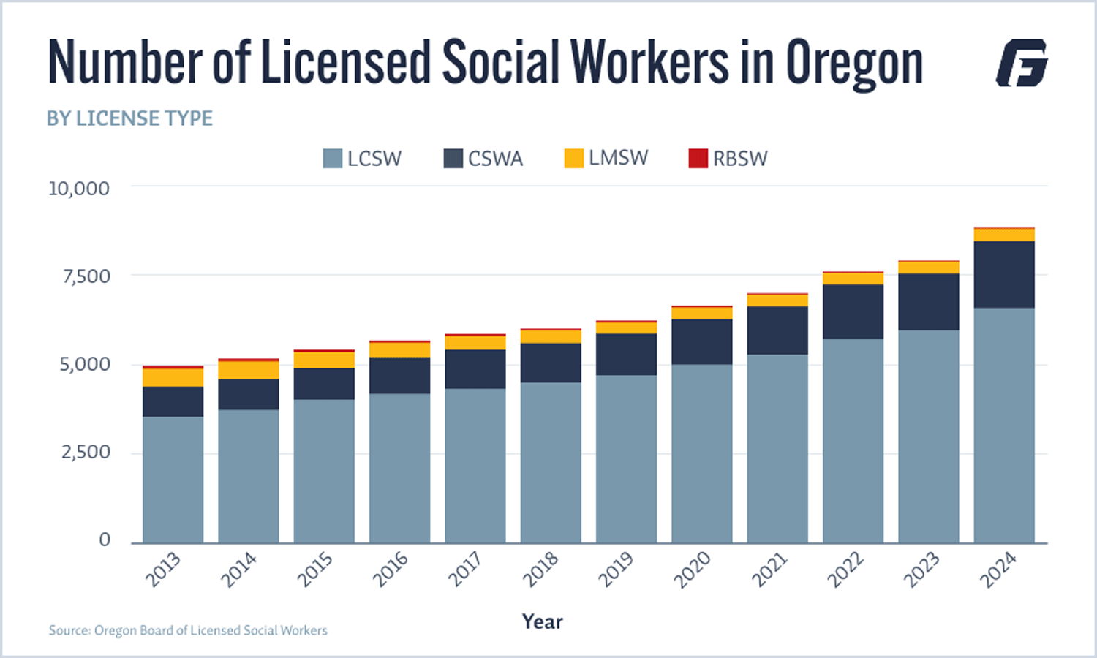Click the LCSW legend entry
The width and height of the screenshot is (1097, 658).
363,159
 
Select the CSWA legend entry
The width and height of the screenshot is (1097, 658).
483,159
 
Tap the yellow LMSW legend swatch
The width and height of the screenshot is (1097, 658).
573,159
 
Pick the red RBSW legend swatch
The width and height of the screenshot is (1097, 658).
698,159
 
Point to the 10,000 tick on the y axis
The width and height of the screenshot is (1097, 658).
79,189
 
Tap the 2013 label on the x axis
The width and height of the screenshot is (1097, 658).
163,570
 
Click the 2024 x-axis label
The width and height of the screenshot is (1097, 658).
998,570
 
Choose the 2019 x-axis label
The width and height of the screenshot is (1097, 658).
616,570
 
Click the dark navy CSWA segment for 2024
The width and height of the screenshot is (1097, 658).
1003,274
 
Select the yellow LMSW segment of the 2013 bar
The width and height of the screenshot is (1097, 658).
173,377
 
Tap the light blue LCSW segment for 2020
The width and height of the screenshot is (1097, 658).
701,453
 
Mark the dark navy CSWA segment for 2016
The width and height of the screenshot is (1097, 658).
399,375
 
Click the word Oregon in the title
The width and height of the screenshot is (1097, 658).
854,64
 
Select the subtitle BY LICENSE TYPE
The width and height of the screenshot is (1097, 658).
129,118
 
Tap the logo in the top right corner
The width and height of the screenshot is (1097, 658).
1022,63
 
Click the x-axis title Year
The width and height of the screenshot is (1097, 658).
542,621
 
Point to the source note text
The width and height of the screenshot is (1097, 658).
188,630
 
